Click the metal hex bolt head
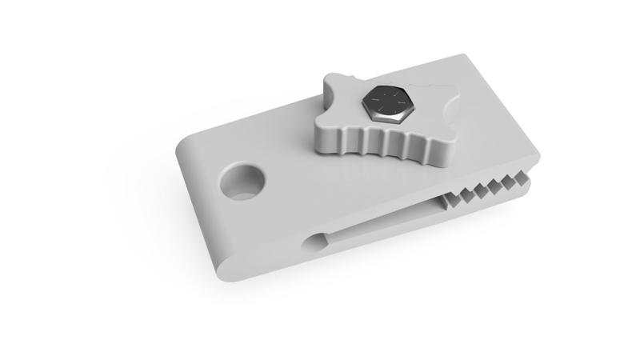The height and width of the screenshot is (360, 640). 386,102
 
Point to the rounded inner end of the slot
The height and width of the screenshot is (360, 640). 314,239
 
